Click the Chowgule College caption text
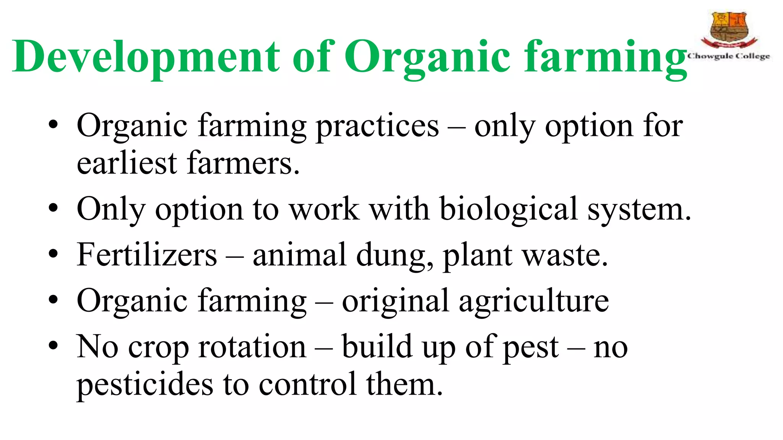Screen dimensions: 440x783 pos(729,56)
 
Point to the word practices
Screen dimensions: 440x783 pos(377,126)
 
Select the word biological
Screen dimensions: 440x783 pos(508,209)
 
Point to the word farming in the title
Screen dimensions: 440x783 pos(606,57)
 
